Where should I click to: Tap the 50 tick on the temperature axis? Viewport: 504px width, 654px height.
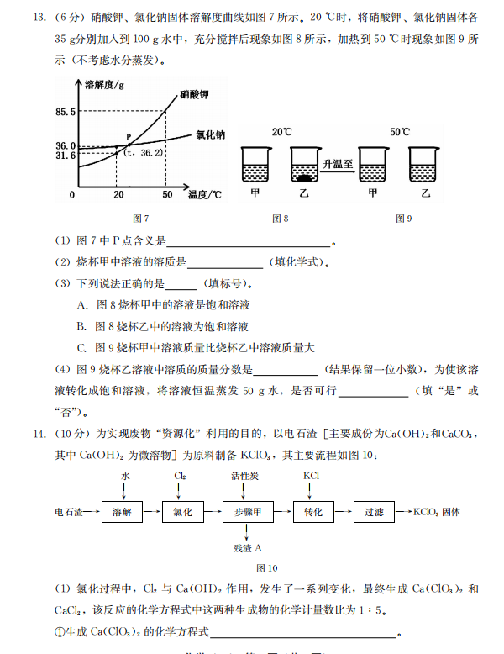point(166,195)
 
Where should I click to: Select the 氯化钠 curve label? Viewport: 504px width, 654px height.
point(210,134)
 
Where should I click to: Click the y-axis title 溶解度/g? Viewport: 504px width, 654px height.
point(104,84)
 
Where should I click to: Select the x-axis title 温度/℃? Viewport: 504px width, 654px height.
point(205,195)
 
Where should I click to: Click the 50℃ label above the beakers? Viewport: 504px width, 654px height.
point(401,132)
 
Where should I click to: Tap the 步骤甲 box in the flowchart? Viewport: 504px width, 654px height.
point(248,512)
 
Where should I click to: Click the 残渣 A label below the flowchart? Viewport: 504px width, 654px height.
point(248,548)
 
